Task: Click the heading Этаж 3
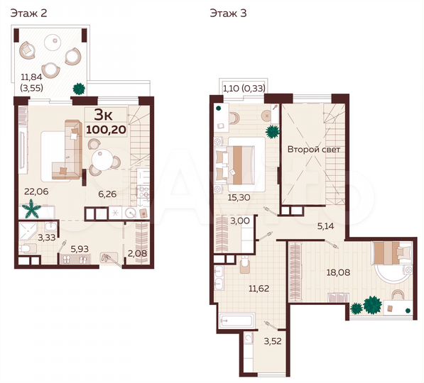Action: click(x=227, y=13)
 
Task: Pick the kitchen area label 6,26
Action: click(x=107, y=193)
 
